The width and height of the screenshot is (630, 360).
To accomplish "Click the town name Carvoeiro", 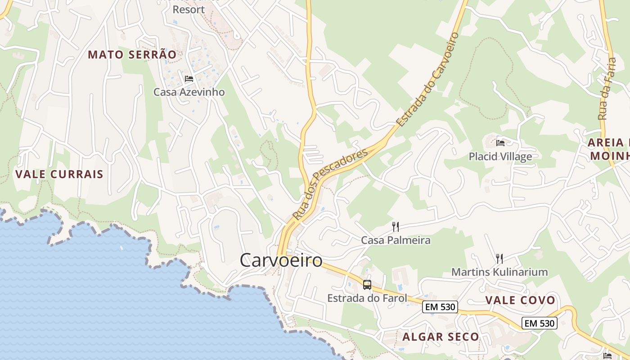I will [x=281, y=260].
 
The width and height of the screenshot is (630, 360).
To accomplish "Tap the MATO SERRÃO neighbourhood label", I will [x=132, y=55].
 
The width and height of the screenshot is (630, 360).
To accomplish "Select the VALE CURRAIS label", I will [x=59, y=174].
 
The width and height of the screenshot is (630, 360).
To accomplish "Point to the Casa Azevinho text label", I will [x=189, y=92].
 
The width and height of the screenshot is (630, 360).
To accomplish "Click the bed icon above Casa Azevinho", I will [x=189, y=79].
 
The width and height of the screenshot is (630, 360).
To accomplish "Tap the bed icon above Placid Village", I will [x=500, y=143].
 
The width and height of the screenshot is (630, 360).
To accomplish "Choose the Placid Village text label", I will [x=500, y=157].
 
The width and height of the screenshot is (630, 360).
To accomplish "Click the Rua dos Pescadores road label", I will [x=330, y=184].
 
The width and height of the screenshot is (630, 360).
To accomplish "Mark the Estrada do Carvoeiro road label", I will [x=427, y=79].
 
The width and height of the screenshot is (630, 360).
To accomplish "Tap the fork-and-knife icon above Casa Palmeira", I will [x=396, y=226].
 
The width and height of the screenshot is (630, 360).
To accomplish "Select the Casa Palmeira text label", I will [x=396, y=240].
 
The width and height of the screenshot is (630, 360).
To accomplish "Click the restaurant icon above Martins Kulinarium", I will [x=499, y=258].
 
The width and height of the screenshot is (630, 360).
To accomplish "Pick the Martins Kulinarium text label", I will [x=499, y=272].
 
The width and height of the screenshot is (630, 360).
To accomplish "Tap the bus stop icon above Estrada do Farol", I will [x=367, y=284].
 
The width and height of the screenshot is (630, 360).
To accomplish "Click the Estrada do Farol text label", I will [x=367, y=298].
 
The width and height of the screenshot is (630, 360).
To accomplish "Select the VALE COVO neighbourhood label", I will [x=520, y=301].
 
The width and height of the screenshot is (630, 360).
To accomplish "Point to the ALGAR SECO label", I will [x=441, y=337].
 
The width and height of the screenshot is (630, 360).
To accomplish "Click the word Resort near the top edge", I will [x=189, y=9].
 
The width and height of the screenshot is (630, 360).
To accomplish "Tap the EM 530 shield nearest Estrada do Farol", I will [x=440, y=307].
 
